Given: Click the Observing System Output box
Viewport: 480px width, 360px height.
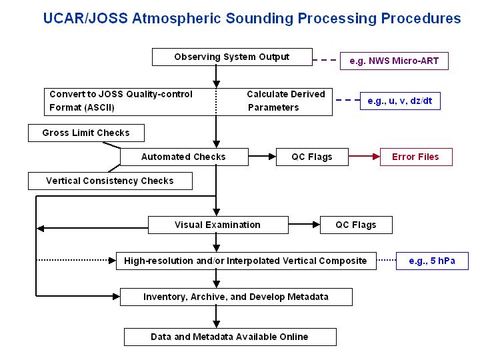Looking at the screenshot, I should (x=231, y=57).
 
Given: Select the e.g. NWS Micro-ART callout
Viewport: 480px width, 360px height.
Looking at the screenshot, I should (x=394, y=61).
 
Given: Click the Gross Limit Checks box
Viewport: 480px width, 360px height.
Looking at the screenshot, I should (x=85, y=133).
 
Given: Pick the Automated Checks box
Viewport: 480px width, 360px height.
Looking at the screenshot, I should (x=183, y=157).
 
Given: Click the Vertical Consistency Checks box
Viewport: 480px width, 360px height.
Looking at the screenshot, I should (x=110, y=181).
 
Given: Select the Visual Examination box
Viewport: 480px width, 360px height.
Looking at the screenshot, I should (x=217, y=225).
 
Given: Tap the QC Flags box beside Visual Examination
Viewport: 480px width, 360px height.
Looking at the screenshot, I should (x=356, y=225).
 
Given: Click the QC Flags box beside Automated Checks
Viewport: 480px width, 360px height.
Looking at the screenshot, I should (x=311, y=157).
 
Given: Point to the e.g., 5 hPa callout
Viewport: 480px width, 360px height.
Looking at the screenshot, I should (x=432, y=261).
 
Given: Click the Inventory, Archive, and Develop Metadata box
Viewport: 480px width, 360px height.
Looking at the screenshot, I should (x=236, y=297).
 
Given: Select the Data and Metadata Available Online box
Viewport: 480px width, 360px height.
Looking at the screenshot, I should (x=230, y=337).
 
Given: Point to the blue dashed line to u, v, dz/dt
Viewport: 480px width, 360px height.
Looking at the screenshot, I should (x=346, y=101).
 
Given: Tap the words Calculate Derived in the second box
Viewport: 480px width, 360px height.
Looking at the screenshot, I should (x=286, y=94).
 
